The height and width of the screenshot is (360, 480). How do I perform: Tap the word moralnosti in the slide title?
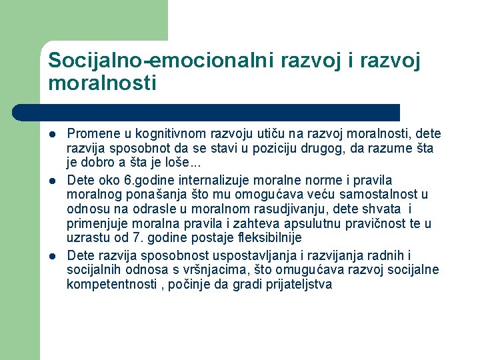click(x=102, y=83)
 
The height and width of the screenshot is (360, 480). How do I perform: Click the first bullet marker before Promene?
click(x=51, y=134)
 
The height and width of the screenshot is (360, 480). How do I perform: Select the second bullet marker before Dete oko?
click(x=51, y=181)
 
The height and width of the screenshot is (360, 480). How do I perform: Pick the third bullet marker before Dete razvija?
click(x=51, y=257)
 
